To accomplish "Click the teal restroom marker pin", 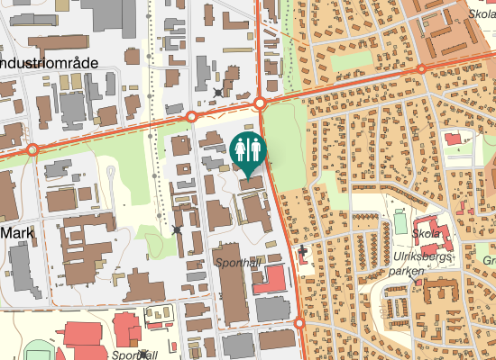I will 248,150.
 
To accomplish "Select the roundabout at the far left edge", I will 32,149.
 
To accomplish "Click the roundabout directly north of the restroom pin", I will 259,104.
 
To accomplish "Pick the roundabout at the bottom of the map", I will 299,323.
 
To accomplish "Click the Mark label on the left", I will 16,231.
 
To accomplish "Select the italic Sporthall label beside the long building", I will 237,263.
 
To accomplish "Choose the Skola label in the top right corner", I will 480,13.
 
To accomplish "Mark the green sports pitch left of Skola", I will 400,220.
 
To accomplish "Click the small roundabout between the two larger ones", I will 191,116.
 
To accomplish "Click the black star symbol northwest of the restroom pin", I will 218,92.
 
